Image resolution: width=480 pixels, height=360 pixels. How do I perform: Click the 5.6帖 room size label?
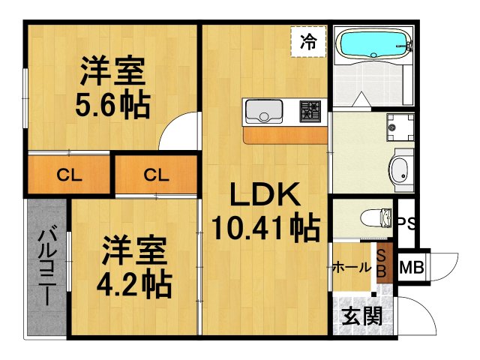pos(112,104)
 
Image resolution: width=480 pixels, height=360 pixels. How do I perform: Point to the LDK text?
pos(265,196)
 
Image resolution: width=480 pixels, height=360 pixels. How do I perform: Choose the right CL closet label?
pos(157,177)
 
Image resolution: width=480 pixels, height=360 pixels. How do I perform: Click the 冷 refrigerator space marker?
pos(308,41)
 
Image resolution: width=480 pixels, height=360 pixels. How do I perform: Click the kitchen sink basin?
pos(262,112)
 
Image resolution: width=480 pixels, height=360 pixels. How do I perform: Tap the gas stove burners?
pos(310,112)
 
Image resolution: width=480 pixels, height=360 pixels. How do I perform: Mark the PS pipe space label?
pos(407,223)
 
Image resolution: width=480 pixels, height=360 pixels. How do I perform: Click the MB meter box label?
pos(410,267)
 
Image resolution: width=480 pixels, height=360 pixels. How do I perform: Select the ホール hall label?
pos(351,267)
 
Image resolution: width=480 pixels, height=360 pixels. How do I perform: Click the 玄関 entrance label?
pos(362,316)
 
